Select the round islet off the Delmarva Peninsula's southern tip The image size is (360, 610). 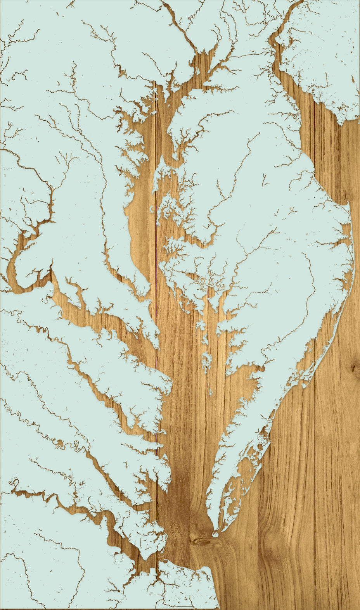[216, 534]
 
